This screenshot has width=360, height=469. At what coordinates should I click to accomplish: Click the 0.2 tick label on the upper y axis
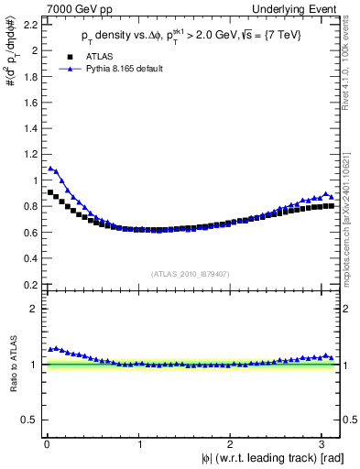32,285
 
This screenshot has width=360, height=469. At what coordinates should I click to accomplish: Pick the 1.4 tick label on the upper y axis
32,129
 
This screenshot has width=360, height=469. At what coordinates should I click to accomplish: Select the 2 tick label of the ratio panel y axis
37,310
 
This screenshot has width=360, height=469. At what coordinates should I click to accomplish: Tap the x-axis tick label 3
326,444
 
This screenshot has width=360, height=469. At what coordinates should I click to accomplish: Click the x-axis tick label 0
47,444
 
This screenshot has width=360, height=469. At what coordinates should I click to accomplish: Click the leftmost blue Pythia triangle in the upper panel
50,169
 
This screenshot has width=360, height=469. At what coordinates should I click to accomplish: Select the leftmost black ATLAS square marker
50,192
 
